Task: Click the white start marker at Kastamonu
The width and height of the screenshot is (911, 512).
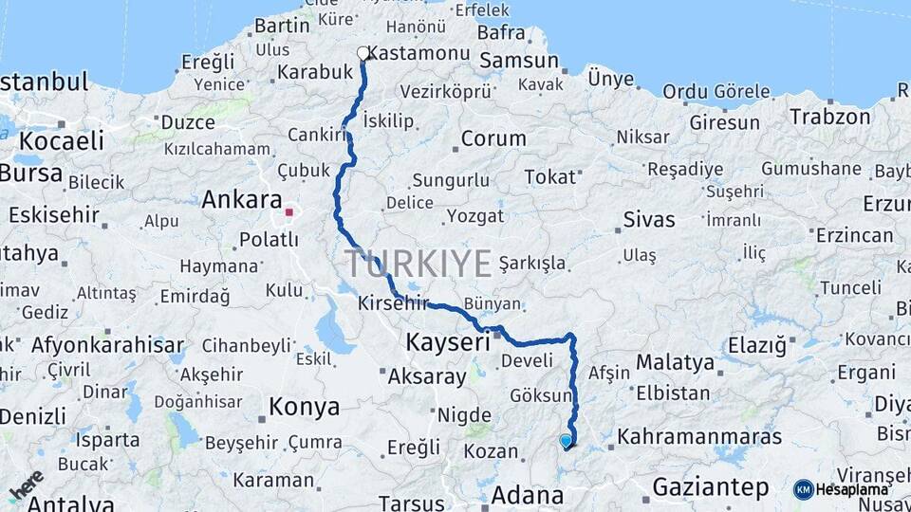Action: (363, 53)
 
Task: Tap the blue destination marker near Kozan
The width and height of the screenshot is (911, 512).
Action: (567, 441)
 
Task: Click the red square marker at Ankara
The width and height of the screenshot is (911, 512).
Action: (288, 211)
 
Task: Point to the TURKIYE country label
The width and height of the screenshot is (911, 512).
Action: (418, 263)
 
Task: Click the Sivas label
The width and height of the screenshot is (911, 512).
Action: (649, 220)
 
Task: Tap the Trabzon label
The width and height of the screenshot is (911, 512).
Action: (829, 118)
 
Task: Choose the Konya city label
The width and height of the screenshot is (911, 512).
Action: (304, 408)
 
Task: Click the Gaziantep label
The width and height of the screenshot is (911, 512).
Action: (711, 488)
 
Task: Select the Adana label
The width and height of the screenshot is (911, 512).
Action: (528, 495)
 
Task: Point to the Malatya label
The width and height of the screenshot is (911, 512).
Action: (675, 362)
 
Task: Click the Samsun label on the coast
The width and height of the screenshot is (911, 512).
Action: (519, 61)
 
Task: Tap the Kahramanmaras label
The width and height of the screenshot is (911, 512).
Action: (700, 437)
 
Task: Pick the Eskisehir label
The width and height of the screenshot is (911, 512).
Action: (54, 215)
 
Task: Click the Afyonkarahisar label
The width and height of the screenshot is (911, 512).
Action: (107, 344)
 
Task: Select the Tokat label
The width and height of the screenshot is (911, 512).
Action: (550, 177)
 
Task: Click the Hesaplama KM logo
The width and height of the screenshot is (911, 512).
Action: (841, 489)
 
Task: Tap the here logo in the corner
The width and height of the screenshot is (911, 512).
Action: (26, 485)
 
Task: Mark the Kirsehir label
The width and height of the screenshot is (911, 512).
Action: (395, 304)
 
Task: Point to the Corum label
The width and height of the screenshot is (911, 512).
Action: (493, 138)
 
